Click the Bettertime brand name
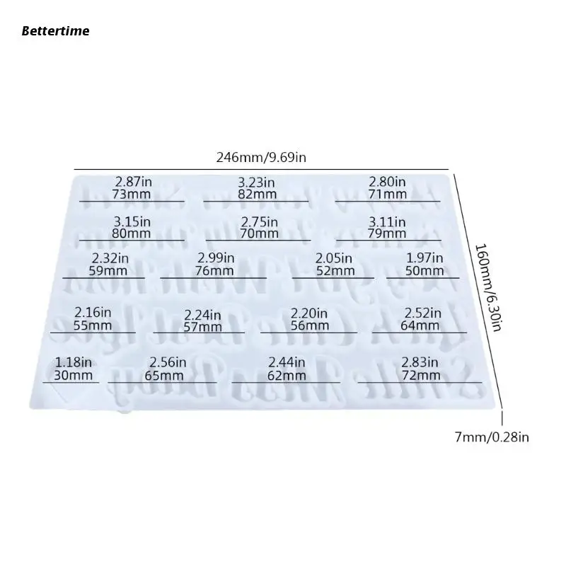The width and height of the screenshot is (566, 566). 55,30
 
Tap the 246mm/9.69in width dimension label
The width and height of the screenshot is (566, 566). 261,158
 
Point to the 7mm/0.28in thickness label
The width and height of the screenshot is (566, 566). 492,437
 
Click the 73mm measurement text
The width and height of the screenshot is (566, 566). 132,195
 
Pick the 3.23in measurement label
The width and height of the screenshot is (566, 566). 256,182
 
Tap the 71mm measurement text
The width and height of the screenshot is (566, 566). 387,195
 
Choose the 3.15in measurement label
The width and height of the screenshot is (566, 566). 132,221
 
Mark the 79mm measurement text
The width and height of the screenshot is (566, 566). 387,233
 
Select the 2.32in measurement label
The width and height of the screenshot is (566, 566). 110,258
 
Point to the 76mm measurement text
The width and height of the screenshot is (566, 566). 215,271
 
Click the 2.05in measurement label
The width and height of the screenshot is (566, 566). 334,258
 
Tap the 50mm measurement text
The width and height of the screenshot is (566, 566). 424,271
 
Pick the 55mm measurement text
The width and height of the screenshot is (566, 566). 93,325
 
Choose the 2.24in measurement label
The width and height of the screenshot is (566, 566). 202,315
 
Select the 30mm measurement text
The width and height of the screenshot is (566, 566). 74,375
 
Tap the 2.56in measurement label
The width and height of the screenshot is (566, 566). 168,362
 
